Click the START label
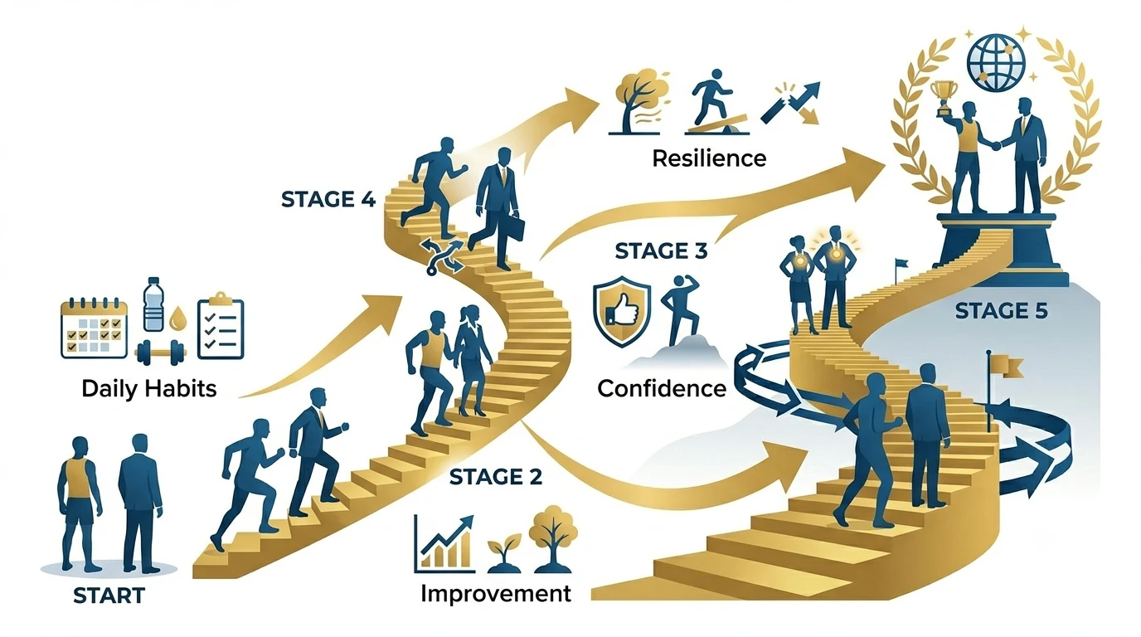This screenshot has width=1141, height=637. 109,596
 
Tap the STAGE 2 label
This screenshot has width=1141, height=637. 496,476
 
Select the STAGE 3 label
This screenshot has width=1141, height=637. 661,250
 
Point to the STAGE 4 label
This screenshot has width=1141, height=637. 328,199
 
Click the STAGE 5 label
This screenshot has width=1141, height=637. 1002,311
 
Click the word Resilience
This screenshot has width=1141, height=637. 709,158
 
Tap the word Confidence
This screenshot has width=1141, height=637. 662,389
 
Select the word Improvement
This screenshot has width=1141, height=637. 496,594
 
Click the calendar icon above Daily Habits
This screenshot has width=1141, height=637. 94,328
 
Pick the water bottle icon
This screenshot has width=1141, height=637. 154,304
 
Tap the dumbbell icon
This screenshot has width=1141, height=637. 160,353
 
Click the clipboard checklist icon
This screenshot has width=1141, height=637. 221,326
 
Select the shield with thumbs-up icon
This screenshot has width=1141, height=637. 622,311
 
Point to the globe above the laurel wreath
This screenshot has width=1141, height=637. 996,63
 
